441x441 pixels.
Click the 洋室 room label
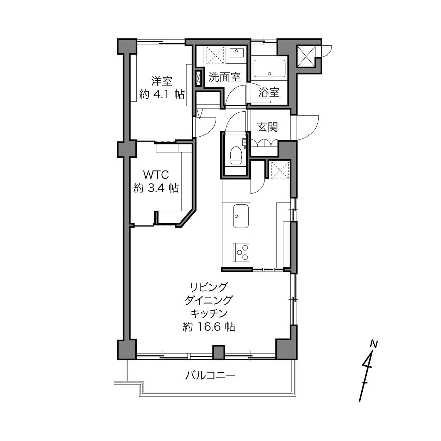pyautogui.click(x=162, y=81)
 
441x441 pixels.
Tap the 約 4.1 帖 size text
pyautogui.click(x=162, y=94)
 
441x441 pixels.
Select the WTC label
pyautogui.click(x=156, y=175)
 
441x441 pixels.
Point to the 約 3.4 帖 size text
pyautogui.click(x=156, y=188)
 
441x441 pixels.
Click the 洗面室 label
pyautogui.click(x=224, y=77)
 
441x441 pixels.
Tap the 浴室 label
pyautogui.click(x=269, y=92)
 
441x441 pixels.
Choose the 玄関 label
pyautogui.click(x=267, y=127)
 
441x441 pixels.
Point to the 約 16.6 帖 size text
pyautogui.click(x=209, y=327)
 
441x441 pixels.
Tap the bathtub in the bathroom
pyautogui.click(x=269, y=69)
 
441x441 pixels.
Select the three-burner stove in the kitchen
pyautogui.click(x=241, y=253)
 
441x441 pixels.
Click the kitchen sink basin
pyautogui.click(x=241, y=216)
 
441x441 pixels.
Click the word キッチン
pyautogui.click(x=209, y=313)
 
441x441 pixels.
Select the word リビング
pyautogui.click(x=209, y=287)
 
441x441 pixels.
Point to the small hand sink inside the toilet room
pyautogui.click(x=244, y=143)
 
